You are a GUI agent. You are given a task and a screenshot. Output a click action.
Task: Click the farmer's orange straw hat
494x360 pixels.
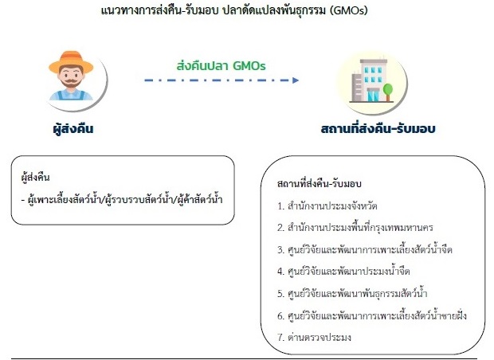coord(71,61)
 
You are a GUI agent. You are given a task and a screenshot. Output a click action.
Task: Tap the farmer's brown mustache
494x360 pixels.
coord(71,83)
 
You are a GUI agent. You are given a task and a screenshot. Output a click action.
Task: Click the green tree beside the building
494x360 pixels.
coord(388,92)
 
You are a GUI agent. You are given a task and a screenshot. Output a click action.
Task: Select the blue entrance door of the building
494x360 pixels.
coord(374,96)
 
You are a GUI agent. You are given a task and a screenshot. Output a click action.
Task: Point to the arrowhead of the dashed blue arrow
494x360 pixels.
coord(295,80)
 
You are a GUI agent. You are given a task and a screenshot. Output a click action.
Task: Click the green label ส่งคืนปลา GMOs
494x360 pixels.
coord(221,66)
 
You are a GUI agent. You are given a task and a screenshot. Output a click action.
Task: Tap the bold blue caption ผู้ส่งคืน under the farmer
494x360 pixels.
coord(73,129)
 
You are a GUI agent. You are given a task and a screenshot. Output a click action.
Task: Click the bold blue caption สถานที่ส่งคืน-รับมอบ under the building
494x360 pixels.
coord(378,128)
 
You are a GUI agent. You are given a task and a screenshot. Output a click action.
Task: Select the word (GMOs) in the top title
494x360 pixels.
coord(349,10)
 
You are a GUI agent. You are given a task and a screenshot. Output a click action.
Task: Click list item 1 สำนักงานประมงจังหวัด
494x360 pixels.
coord(327,206)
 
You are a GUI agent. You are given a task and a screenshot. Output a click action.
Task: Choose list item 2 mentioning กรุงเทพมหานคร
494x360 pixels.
coord(355,228)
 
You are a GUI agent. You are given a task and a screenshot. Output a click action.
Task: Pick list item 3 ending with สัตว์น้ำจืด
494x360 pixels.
coord(365,249)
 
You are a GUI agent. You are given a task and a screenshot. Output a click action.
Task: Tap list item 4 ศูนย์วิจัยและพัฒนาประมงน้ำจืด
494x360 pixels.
coord(343,271)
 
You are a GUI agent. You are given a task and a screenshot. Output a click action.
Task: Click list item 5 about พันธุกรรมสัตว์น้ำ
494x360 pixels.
coord(352,294)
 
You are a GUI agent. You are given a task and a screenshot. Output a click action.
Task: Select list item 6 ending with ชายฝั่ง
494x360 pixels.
coord(372,315)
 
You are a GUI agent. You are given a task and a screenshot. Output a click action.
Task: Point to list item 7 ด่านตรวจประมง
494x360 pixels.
coord(314,338)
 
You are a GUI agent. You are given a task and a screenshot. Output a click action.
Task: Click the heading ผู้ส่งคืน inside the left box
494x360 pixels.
coord(35,178)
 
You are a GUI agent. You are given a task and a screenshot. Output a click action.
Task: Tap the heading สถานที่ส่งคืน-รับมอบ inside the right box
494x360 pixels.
coord(320,183)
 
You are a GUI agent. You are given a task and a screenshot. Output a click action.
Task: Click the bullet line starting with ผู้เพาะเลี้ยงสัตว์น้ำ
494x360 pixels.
coord(122,200)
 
